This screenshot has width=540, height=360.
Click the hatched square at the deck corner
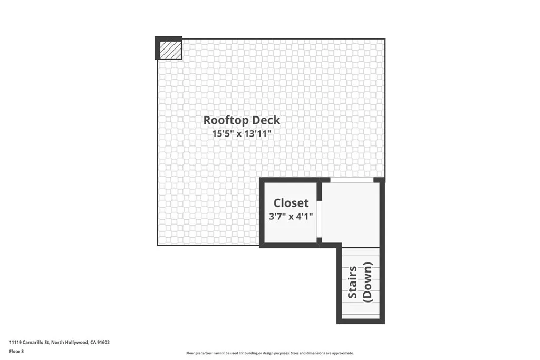pos(169,49)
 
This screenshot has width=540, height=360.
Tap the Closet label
pos(291,203)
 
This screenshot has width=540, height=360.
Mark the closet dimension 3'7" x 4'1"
pos(291,216)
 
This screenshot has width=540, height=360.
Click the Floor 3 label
pos(17,351)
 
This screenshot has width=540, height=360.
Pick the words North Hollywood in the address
pos(69,342)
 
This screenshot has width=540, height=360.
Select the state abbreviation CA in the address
pos(93,342)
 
